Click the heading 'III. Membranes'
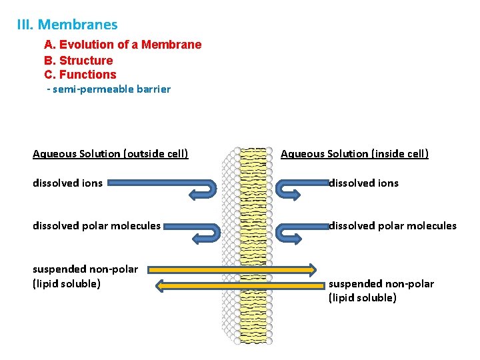pos(67,25)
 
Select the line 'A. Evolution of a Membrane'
pos(123,45)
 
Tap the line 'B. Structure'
pos(79,60)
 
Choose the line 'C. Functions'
pos(80,75)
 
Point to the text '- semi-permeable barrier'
pos(109,89)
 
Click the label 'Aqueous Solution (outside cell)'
pos(111,154)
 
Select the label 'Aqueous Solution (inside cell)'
pos(355,154)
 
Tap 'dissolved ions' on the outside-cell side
pos(68,183)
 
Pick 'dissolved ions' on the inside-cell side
pos(363,183)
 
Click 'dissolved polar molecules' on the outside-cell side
pos(97,226)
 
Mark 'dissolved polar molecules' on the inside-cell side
pos(393,226)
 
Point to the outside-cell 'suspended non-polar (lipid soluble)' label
pos(85,277)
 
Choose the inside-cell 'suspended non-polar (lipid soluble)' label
pos(381,291)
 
